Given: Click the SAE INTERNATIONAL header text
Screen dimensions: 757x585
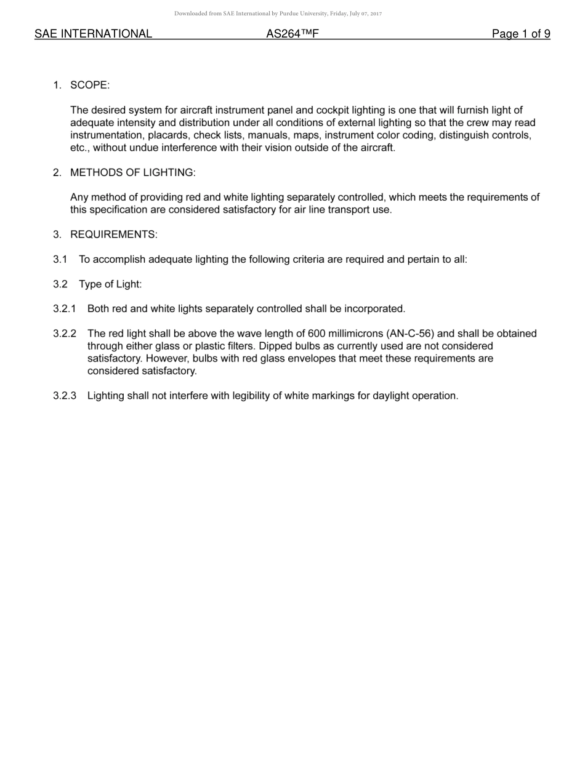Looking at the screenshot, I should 93,34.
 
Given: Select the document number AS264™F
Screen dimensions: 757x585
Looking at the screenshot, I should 292,34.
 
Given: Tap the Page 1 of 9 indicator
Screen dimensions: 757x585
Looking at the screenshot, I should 520,34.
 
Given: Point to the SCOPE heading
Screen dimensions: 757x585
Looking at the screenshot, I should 90,85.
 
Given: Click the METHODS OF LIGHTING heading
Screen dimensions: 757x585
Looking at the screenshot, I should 132,172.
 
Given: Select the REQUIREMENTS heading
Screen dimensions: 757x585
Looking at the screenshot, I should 113,234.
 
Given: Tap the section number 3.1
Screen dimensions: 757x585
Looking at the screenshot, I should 60,259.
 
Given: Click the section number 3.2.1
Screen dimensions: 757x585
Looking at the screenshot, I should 65,308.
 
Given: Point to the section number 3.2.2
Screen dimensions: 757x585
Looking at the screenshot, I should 65,334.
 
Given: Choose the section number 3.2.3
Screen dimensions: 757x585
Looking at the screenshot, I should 65,396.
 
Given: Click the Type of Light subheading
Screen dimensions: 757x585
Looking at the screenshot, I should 110,284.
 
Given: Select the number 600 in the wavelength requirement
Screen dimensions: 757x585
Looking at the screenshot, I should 317,334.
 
